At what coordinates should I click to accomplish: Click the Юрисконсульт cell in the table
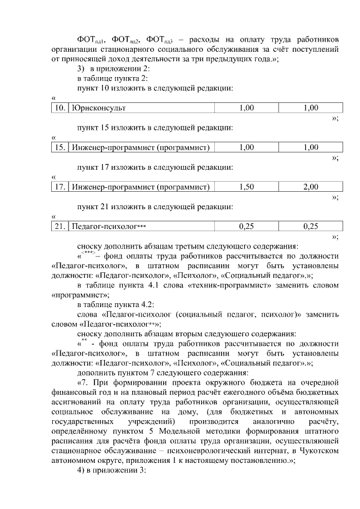coord(98,107)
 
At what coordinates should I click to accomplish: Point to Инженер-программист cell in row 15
coord(141,147)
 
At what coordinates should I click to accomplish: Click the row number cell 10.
coord(58,107)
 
